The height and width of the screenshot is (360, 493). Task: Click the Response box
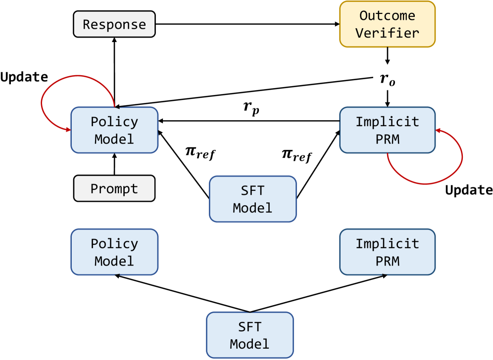(x=114, y=24)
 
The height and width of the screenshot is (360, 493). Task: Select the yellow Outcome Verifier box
(x=387, y=24)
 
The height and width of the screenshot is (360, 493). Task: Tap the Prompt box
(x=114, y=188)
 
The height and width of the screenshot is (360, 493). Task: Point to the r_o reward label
(x=388, y=79)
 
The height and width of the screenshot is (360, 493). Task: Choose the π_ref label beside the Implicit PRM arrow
(x=296, y=156)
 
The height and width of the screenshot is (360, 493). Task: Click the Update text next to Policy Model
(x=24, y=77)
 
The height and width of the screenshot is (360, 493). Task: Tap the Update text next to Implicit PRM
(x=469, y=190)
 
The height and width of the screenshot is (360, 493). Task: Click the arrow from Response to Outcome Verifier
(x=247, y=24)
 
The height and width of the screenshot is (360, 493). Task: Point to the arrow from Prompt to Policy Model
(x=114, y=164)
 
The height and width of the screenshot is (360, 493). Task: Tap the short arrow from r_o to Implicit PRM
(x=388, y=97)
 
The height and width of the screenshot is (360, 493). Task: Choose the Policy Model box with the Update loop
(x=114, y=130)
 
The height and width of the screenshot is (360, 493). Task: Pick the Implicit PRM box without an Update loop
(x=387, y=252)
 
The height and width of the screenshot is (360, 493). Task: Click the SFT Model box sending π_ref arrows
(x=252, y=198)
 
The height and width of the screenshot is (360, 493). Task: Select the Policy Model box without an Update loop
(x=114, y=252)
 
